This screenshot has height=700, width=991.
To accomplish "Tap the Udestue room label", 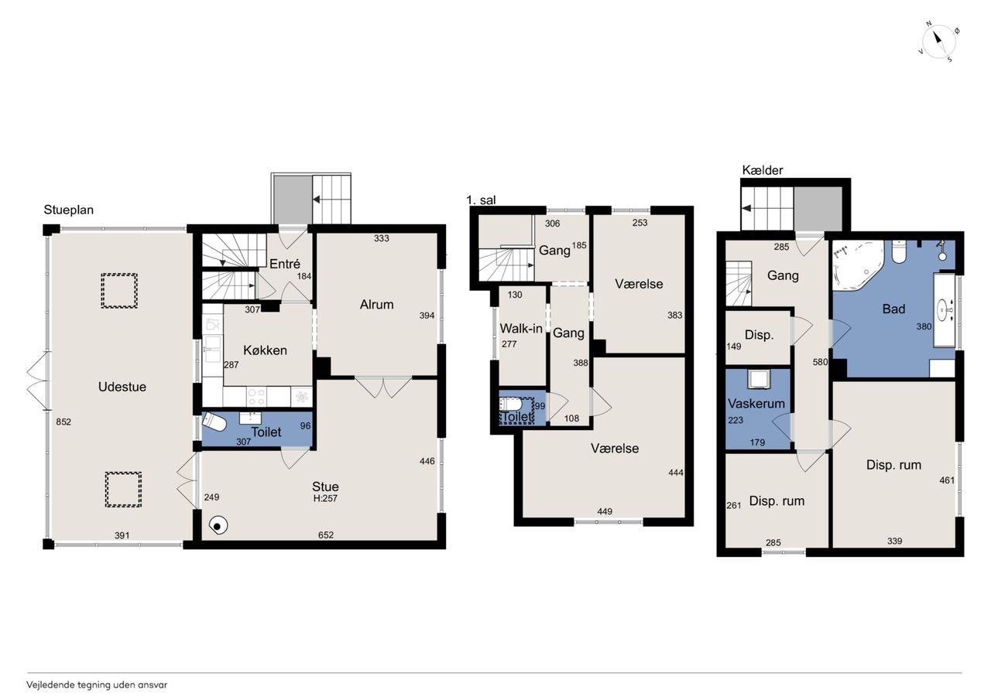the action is (x=122, y=387).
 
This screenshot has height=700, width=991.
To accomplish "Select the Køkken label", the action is (x=265, y=350).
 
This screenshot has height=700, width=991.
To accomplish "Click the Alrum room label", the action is (x=376, y=304).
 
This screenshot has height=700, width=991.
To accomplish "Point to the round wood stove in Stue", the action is (x=218, y=526).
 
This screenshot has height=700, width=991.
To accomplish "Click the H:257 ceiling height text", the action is (x=325, y=498).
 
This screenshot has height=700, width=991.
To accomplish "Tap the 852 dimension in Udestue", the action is (x=63, y=422).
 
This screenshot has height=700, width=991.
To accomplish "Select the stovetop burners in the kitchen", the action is (x=256, y=396).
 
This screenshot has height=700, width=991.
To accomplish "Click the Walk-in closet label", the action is (x=521, y=329).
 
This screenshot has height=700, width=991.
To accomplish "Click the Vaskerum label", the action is (x=756, y=404).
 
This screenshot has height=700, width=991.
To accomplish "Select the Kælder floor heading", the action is (x=763, y=170).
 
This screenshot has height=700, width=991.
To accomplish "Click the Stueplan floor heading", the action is (x=69, y=210).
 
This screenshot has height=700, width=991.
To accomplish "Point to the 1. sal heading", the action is (x=481, y=200).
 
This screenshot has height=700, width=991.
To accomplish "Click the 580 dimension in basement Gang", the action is (x=820, y=362).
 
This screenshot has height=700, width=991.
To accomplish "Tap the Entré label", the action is (x=284, y=264).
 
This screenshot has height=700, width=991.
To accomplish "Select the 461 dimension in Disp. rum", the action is (x=947, y=480).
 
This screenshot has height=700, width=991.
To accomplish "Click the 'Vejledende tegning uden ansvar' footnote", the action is (x=97, y=685).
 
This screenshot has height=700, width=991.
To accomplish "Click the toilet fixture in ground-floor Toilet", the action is (x=214, y=422).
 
